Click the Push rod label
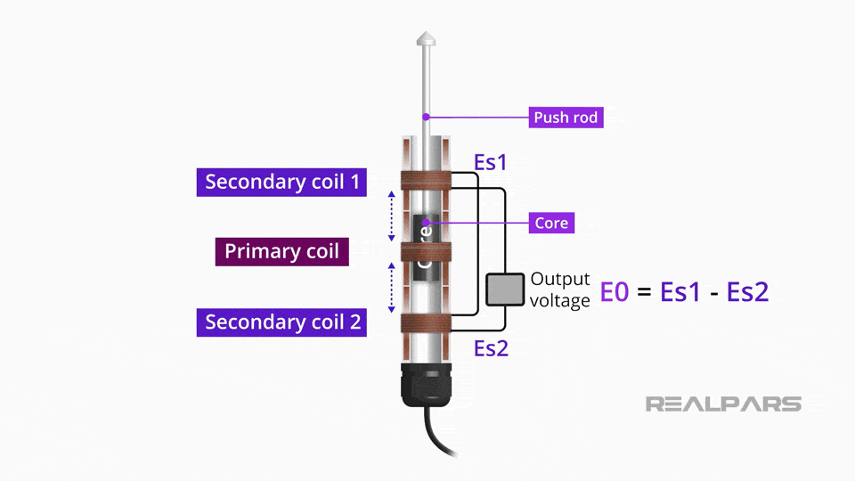pyautogui.click(x=565, y=117)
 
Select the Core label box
pyautogui.click(x=551, y=222)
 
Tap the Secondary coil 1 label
pyautogui.click(x=282, y=182)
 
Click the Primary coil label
pyautogui.click(x=281, y=251)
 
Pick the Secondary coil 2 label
pyautogui.click(x=282, y=322)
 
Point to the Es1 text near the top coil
pyautogui.click(x=490, y=162)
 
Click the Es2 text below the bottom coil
pyautogui.click(x=491, y=347)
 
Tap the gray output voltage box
pyautogui.click(x=504, y=289)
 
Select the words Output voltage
pyautogui.click(x=560, y=289)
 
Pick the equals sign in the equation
pyautogui.click(x=646, y=292)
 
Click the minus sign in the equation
pyautogui.click(x=713, y=292)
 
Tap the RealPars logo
pyautogui.click(x=723, y=404)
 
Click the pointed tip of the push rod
pyautogui.click(x=427, y=39)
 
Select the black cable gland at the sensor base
pyautogui.click(x=427, y=383)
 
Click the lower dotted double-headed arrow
pyautogui.click(x=390, y=287)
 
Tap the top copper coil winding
pyautogui.click(x=427, y=181)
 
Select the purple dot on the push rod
pyautogui.click(x=427, y=117)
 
